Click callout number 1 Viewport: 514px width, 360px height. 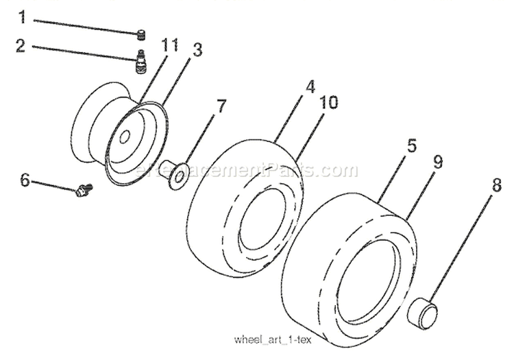coord(23,16)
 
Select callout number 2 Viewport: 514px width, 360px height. coord(21,46)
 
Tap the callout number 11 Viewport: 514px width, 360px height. coord(170,47)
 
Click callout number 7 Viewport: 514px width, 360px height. coord(220,106)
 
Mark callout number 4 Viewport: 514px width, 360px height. coord(310,87)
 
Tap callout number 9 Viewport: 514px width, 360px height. coord(437,163)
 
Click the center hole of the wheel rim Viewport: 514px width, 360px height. coord(124,137)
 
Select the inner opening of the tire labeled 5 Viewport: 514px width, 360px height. coord(371,281)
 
